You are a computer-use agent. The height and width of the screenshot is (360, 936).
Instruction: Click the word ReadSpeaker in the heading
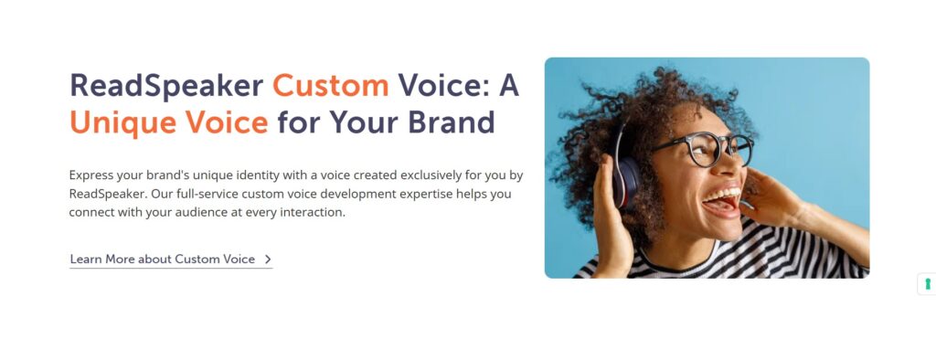166,86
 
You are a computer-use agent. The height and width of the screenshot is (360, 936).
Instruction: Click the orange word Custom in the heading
330,86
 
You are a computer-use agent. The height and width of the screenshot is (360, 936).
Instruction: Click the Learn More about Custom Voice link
163,259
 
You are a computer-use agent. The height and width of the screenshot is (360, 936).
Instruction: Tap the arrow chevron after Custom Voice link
267,259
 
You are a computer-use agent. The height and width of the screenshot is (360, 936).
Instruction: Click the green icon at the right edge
927,284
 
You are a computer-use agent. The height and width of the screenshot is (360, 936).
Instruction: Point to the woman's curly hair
622,101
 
